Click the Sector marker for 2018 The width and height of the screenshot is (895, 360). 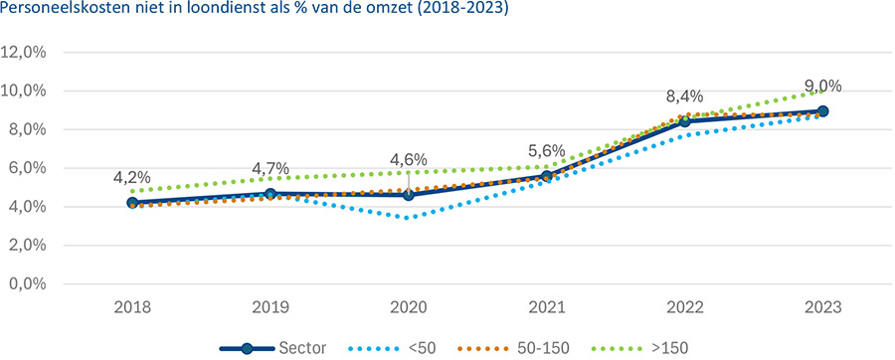coord(132,203)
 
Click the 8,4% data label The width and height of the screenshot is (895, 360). coord(684,96)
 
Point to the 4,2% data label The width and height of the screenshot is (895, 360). coord(132,178)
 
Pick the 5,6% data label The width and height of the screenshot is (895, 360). coord(546,150)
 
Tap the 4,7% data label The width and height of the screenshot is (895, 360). coord(270,168)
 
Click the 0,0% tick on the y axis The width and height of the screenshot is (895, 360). coord(26,284)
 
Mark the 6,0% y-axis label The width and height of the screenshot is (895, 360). coord(26,168)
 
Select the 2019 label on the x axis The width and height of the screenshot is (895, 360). coord(270,306)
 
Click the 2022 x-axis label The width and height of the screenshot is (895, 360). coord(684,306)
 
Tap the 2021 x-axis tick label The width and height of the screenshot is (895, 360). coord(546,306)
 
